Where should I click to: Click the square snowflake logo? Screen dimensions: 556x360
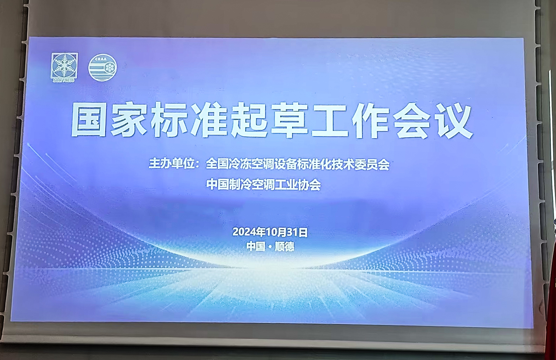click(64, 66)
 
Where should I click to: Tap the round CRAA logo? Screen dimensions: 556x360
click(102, 68)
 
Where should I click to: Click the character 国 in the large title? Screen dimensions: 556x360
click(89, 120)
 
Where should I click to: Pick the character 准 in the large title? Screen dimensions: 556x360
click(209, 120)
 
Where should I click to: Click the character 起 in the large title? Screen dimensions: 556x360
click(249, 120)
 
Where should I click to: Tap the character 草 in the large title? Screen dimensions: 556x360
click(289, 120)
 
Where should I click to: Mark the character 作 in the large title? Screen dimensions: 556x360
click(370, 121)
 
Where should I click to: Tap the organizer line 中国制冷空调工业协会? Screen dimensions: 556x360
click(264, 185)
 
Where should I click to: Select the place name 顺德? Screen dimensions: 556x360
click(285, 247)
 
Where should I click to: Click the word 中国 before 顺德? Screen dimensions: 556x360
click(256, 246)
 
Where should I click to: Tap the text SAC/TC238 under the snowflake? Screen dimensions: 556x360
click(63, 80)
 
